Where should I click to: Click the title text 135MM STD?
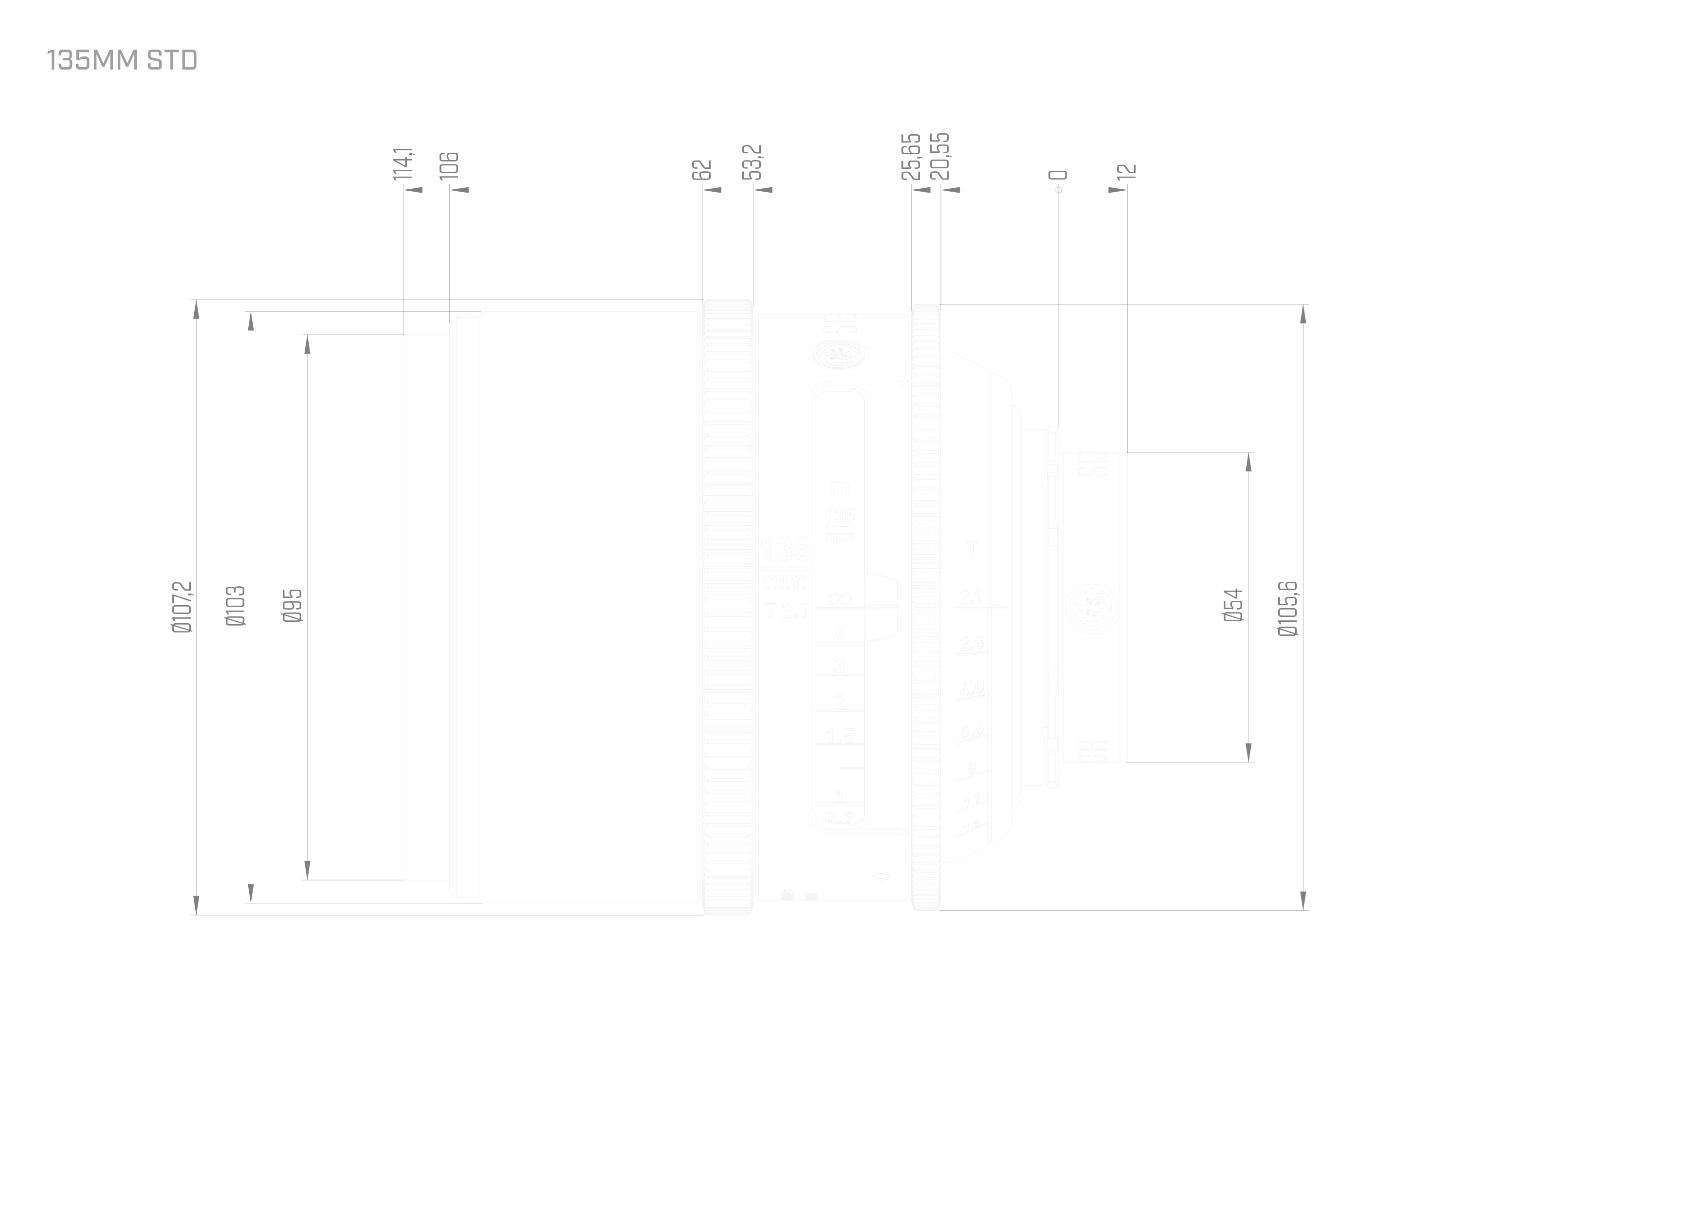122,60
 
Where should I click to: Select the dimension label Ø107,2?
182,607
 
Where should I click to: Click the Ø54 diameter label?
1233,605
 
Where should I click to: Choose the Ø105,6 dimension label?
1288,608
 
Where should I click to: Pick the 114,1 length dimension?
404,163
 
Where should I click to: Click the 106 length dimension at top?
449,165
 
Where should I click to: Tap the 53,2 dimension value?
753,162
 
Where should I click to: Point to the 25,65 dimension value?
911,156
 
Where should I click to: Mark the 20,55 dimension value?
940,156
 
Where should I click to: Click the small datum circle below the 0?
1059,190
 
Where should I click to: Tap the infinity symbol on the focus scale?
840,599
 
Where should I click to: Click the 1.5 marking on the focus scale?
840,736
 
